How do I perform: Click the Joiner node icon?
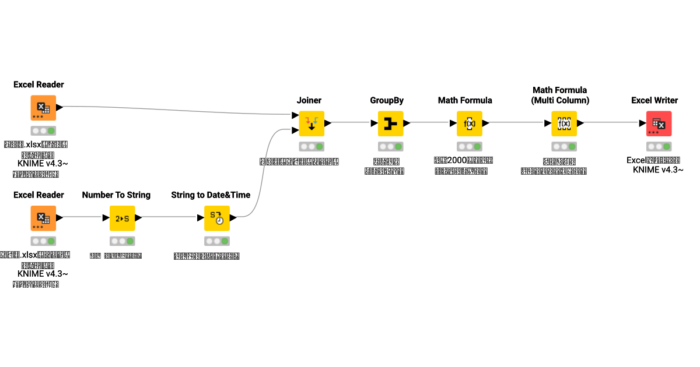(x=311, y=123)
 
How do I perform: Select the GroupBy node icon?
(x=390, y=123)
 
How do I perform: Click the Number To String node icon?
(x=122, y=218)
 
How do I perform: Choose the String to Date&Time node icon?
(x=216, y=218)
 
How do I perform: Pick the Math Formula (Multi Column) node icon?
(x=563, y=123)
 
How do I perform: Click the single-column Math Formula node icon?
(x=469, y=123)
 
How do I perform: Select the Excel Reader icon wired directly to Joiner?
(x=43, y=108)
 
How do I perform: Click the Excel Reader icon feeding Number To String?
(x=43, y=218)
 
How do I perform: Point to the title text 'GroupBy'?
(x=386, y=100)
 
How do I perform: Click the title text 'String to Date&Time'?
(x=211, y=195)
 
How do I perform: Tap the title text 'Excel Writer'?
(x=654, y=100)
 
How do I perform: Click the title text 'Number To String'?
(x=116, y=195)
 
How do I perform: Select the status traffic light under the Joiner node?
(x=311, y=147)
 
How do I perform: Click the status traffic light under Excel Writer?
(x=659, y=147)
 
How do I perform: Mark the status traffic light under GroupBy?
(x=390, y=147)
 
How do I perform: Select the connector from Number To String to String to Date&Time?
(x=169, y=218)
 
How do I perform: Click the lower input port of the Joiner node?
(x=295, y=130)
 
